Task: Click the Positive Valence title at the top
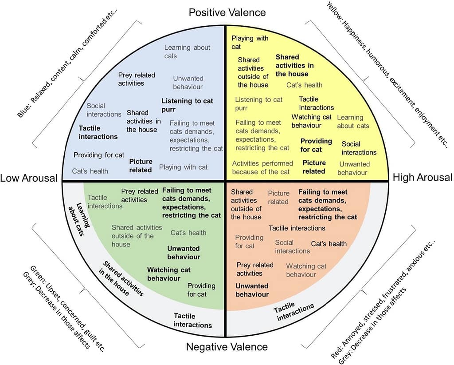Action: coord(227,12)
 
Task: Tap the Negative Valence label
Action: coord(227,347)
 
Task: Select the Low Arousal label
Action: coord(29,179)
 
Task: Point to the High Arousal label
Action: coord(423,178)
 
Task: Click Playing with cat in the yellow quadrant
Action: coord(250,42)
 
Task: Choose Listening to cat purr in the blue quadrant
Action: coord(187,105)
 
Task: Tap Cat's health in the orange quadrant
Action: coord(329,244)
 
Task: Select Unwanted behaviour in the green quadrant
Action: coord(184,252)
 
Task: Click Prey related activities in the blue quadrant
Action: coord(137,79)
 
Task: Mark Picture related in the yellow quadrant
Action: coord(314,167)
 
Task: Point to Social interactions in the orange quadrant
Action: coord(292,246)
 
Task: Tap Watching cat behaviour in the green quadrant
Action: coord(168,274)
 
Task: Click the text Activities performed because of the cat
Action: coord(262,167)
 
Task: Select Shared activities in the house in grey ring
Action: coord(123,278)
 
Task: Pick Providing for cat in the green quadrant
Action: coord(201,290)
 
